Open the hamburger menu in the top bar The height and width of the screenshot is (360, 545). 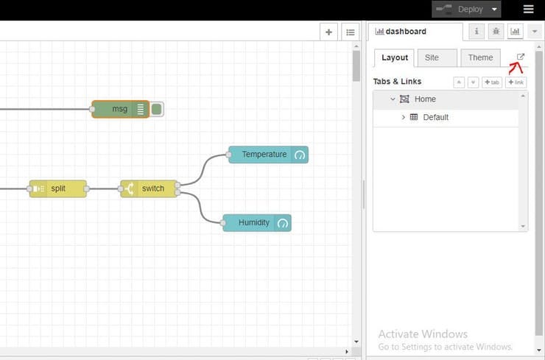point(528,10)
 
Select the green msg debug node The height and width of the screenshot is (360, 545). point(118,109)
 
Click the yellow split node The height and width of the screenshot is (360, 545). point(58,188)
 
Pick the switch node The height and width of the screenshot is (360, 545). point(151,188)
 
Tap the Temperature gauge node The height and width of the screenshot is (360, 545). point(264,155)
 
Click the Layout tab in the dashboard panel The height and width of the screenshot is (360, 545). point(395,58)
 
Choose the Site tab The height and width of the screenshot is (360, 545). point(432,58)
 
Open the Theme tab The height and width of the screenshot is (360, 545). point(480,58)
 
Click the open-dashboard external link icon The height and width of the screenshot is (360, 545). point(521,57)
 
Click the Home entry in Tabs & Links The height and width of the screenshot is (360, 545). point(425,99)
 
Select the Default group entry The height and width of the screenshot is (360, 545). point(435,117)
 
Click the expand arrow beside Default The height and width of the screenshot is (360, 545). point(403,117)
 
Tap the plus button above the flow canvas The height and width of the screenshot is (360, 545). point(328,32)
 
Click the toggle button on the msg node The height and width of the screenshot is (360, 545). point(157,109)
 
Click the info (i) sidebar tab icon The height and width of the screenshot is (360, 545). point(477,32)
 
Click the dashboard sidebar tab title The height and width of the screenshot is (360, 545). point(405,32)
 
